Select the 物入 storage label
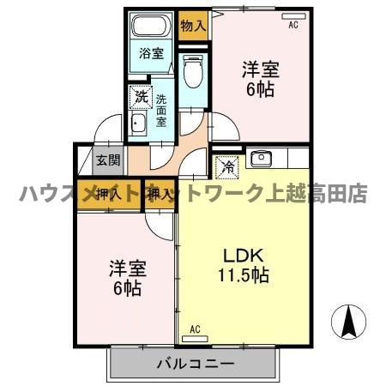[193, 25]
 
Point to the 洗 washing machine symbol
[139, 97]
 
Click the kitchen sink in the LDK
[261, 159]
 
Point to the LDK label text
[243, 255]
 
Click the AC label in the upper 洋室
[293, 27]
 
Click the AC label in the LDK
[195, 329]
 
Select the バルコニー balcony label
[196, 365]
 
